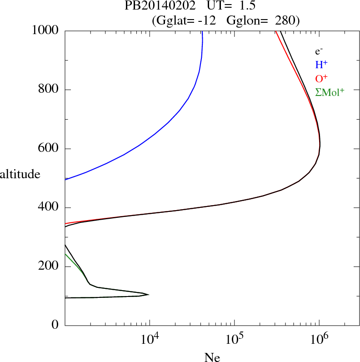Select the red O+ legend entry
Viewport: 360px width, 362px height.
(322, 79)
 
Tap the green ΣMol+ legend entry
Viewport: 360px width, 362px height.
(330, 92)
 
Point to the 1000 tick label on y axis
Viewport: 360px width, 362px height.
(45, 30)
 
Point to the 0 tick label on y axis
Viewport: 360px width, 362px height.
(55, 326)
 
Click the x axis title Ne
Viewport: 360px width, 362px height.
(212, 357)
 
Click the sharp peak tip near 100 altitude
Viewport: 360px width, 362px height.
(149, 295)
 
